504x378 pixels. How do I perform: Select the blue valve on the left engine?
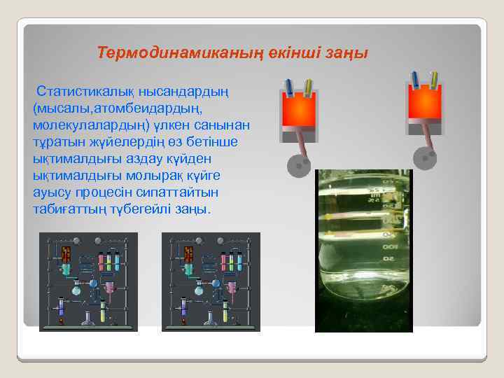pos(289,85)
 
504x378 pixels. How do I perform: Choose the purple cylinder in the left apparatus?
pos(61,307)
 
